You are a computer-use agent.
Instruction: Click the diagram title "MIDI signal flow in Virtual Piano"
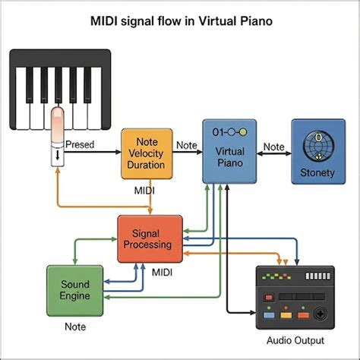click(182, 21)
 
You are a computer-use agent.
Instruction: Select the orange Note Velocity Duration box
click(147, 153)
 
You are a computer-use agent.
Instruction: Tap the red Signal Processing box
click(150, 239)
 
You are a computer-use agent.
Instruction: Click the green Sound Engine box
click(75, 291)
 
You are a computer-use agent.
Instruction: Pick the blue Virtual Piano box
click(229, 151)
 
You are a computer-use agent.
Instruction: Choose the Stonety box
click(318, 151)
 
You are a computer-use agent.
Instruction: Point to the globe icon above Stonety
click(318, 146)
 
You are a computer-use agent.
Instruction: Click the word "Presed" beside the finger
click(80, 144)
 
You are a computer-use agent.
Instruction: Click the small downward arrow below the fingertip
click(58, 155)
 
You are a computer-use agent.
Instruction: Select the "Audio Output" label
click(295, 340)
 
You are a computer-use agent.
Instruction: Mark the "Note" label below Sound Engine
click(75, 327)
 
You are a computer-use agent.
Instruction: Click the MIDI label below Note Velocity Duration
click(144, 191)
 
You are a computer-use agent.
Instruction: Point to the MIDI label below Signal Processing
click(162, 273)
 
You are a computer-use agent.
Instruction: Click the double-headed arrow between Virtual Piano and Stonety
click(274, 153)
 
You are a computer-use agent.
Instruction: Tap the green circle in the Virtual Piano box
click(242, 132)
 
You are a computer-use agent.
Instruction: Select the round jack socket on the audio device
click(320, 314)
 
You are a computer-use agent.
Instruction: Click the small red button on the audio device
click(269, 297)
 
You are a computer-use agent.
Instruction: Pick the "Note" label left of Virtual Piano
click(187, 145)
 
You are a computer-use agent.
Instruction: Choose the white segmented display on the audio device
click(318, 276)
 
